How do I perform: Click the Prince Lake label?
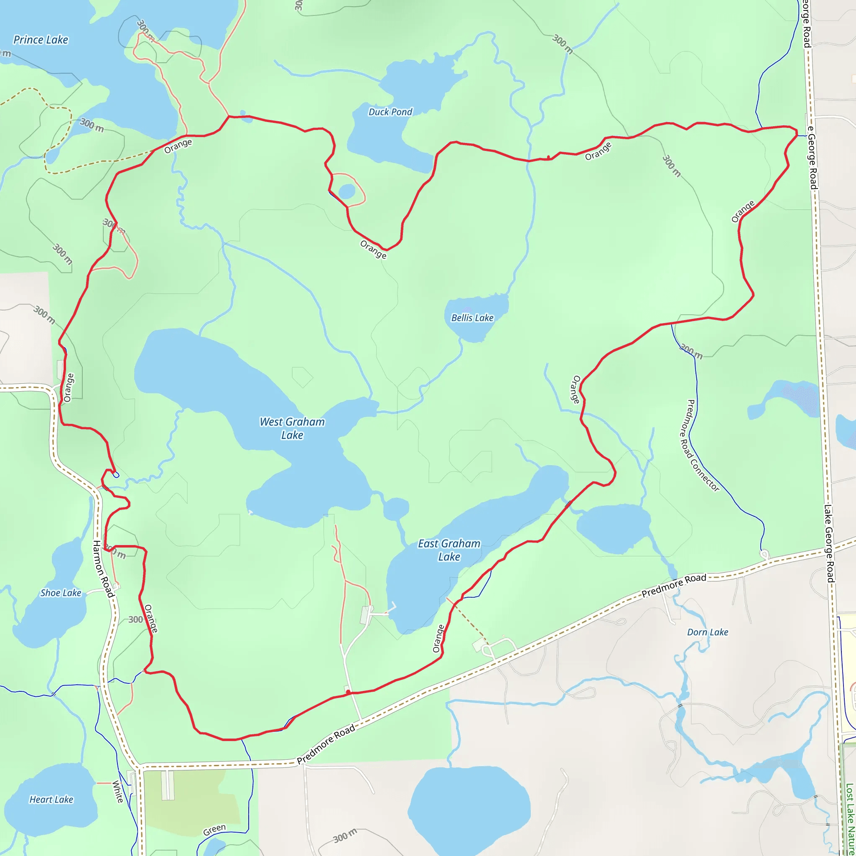click(41, 40)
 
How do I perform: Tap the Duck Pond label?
click(390, 112)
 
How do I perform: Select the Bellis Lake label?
click(472, 318)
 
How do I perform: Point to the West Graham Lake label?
click(292, 428)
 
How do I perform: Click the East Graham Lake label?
click(449, 550)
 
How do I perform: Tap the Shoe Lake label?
click(61, 593)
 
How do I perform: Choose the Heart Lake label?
click(51, 799)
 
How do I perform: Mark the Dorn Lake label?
click(707, 632)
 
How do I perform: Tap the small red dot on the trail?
click(348, 692)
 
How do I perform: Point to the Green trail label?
click(214, 830)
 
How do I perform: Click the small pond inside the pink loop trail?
click(346, 191)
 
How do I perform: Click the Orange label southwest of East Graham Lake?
click(438, 639)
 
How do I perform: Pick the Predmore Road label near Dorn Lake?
click(673, 585)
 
